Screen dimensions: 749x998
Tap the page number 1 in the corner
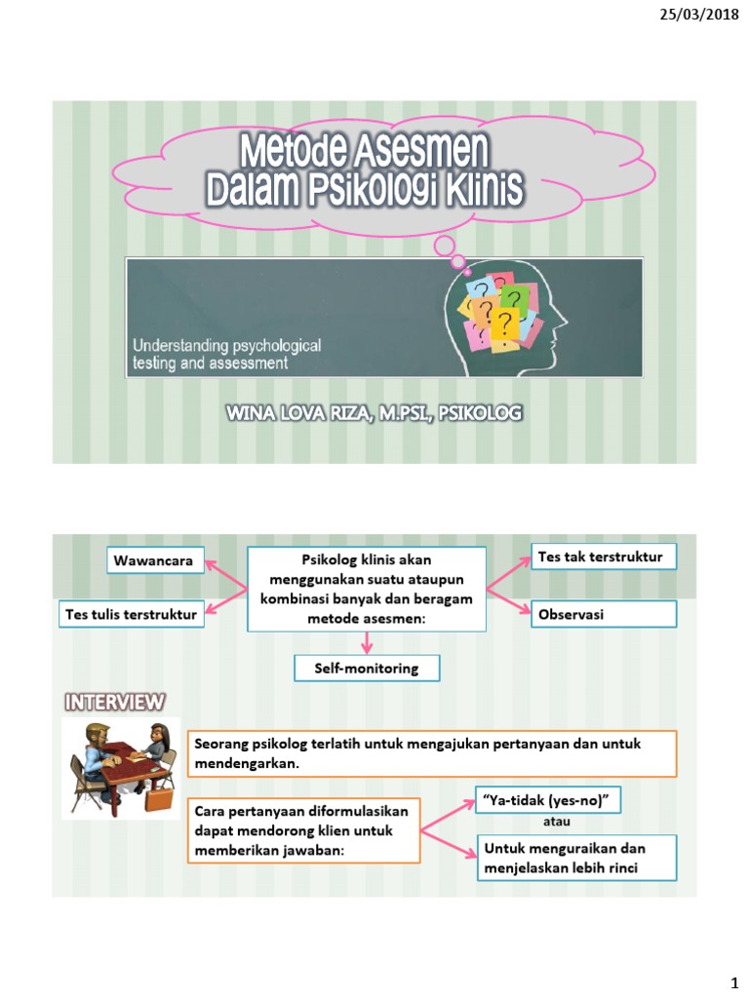pyautogui.click(x=725, y=978)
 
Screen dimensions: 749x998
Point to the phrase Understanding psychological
pyautogui.click(x=227, y=346)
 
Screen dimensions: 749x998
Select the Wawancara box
pyautogui.click(x=156, y=560)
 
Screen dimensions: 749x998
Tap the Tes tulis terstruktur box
pyautogui.click(x=131, y=614)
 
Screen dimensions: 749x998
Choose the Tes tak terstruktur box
pyautogui.click(x=603, y=557)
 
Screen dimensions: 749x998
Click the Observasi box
pyautogui.click(x=603, y=614)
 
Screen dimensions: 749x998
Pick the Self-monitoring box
pyautogui.click(x=367, y=669)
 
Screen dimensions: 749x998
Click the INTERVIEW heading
pyautogui.click(x=115, y=702)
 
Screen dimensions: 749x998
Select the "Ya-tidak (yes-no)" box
pyautogui.click(x=546, y=800)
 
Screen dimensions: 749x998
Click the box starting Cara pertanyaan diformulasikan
pyautogui.click(x=302, y=829)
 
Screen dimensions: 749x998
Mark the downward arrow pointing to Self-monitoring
pyautogui.click(x=367, y=642)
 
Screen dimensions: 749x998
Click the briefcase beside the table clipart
pyautogui.click(x=155, y=800)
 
